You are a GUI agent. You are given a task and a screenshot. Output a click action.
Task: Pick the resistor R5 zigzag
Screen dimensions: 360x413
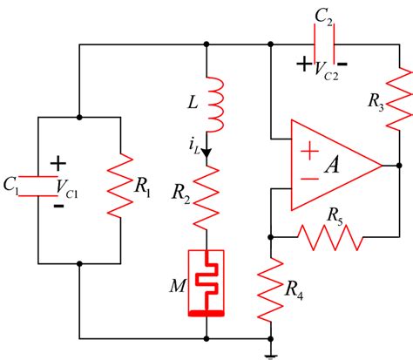(x=329, y=235)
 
